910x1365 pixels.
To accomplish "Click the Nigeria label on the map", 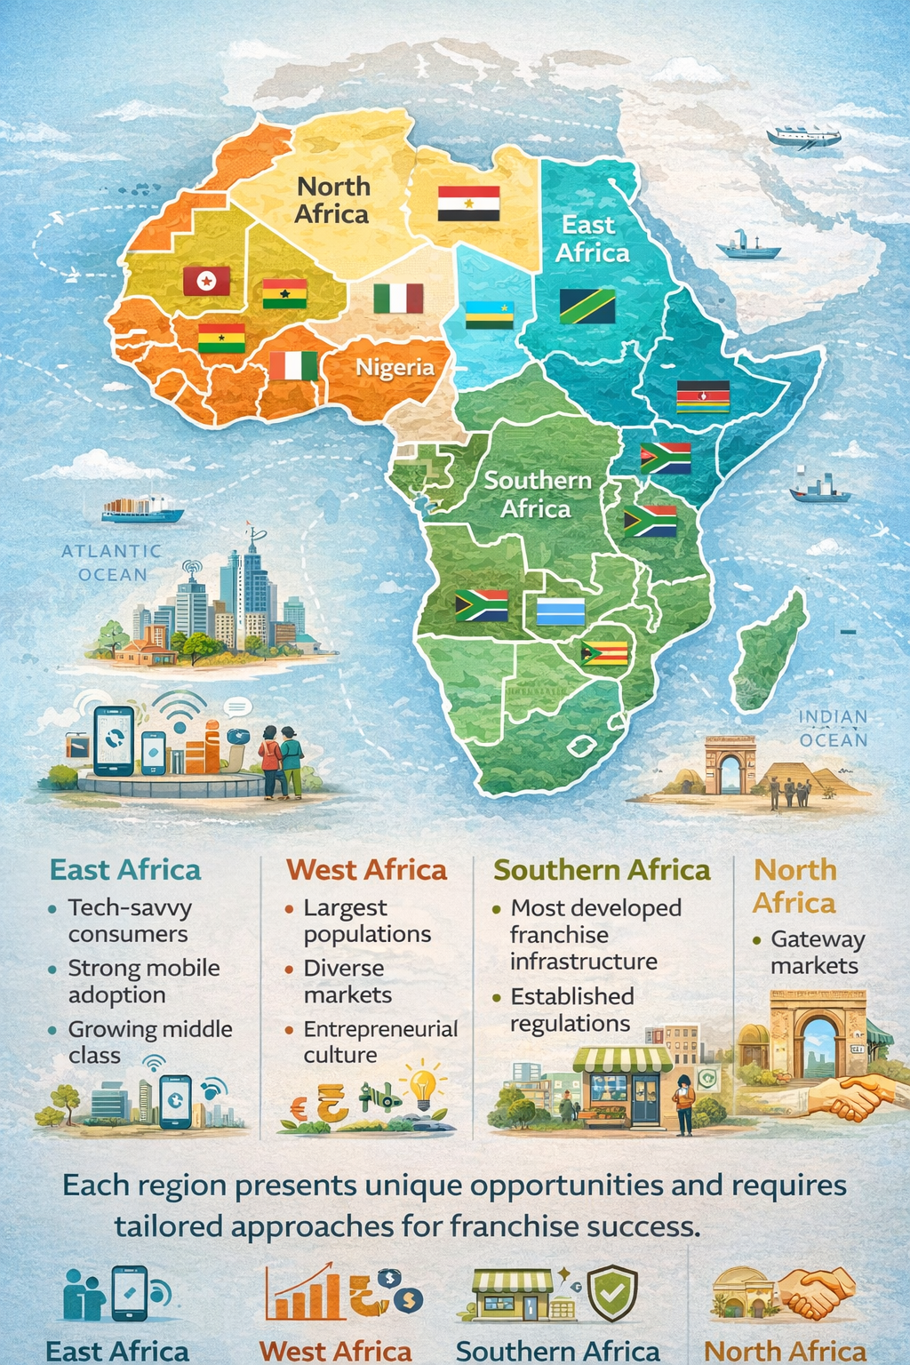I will [395, 367].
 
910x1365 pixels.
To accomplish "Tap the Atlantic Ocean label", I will [112, 563].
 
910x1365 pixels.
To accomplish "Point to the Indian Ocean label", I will [833, 728].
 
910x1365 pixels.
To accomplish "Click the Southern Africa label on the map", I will [537, 494].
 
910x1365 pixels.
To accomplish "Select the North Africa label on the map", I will [331, 200].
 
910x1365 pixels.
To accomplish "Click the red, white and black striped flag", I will [468, 204].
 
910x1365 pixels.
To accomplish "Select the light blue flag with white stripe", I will [561, 611].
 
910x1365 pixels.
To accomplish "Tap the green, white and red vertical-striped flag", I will [398, 299].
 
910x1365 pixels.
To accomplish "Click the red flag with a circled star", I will [206, 281].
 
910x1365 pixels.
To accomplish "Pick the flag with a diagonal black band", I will [587, 306].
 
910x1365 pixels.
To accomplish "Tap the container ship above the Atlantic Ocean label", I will [142, 510].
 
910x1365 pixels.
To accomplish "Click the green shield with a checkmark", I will [614, 1293].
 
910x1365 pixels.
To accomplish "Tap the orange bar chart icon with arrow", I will [303, 1294].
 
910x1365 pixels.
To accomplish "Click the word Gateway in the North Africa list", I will [818, 939].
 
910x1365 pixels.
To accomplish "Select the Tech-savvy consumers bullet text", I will [130, 921].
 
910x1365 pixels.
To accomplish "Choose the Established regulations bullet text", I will [571, 1010].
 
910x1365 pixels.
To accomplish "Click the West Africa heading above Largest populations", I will [366, 870].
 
